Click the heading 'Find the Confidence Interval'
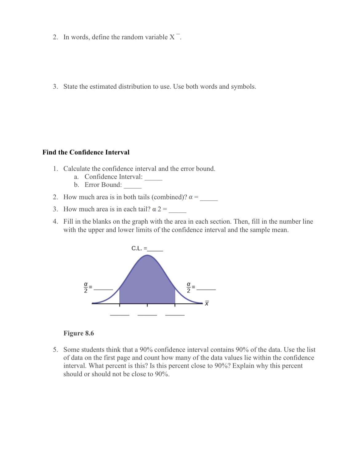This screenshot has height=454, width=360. click(86, 152)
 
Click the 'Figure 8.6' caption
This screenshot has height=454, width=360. click(78, 333)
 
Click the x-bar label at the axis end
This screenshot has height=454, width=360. click(207, 303)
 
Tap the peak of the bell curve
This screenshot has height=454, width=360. click(147, 256)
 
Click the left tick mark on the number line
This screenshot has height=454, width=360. click(119, 305)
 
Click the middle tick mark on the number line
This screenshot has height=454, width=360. click(147, 305)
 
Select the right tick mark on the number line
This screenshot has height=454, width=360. click(175, 305)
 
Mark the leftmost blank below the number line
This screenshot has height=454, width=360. click(120, 314)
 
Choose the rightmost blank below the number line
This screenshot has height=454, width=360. click(175, 314)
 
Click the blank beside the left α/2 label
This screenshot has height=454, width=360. click(103, 289)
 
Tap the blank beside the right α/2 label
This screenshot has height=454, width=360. click(206, 289)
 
